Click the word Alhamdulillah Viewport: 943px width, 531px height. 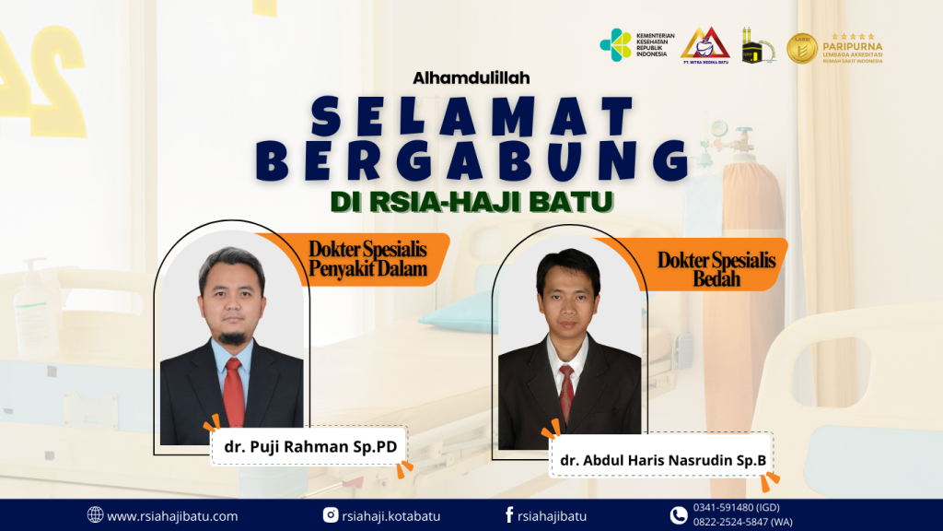471,77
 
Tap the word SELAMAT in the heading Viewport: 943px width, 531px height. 472,116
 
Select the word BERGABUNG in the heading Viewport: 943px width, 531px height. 472,160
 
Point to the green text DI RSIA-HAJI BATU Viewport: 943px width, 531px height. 471,202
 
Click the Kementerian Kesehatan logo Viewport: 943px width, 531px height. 637,45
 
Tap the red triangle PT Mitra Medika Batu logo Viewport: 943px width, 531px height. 704,44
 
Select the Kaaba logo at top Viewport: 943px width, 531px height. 757,46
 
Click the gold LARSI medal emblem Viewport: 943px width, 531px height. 802,48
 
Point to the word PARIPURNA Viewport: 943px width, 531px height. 852,46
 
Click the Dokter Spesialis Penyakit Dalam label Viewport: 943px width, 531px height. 368,258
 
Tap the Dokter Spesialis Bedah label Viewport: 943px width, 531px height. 716,268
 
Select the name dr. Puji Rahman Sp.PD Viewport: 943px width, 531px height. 310,447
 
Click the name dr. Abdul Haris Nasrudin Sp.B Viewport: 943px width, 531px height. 663,461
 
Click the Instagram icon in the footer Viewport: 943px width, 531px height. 331,515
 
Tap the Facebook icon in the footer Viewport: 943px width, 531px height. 508,514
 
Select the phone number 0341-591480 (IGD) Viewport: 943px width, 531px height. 736,508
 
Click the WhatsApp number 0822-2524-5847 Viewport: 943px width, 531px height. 743,522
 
